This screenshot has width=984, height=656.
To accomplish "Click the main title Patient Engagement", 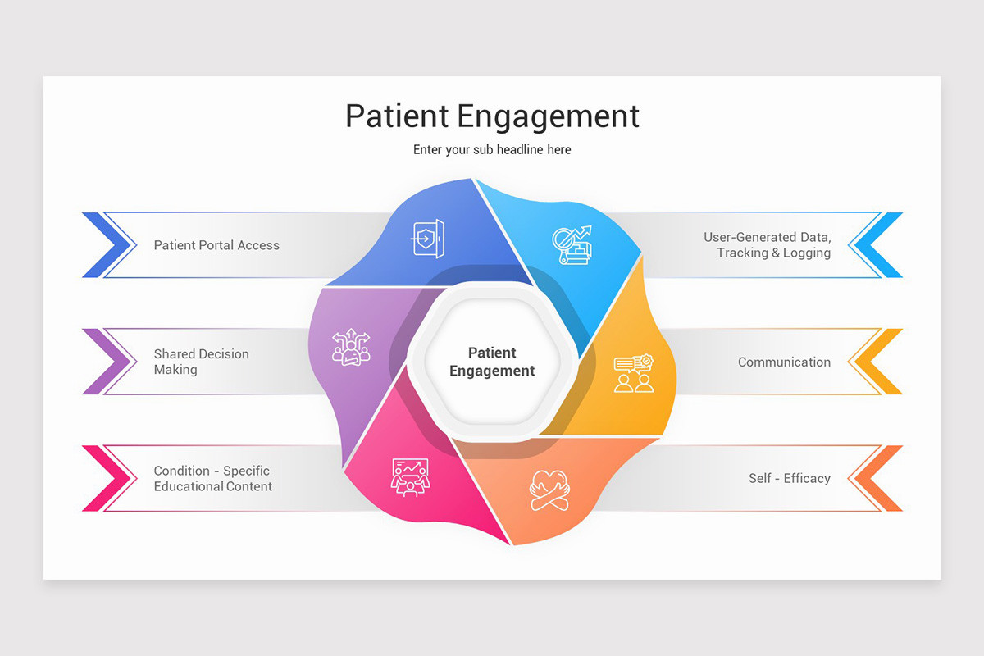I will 492,116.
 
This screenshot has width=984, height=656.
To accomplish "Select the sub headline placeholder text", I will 492,150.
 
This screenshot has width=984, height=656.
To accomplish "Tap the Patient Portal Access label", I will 216,245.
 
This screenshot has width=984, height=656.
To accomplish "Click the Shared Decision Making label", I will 201,362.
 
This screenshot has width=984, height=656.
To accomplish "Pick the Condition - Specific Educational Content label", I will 212,478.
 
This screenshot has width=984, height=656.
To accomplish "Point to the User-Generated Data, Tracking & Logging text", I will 767,245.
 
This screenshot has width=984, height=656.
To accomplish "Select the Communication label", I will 784,362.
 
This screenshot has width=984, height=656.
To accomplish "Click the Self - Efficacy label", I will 789,478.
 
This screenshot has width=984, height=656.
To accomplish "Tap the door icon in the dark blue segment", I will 428,238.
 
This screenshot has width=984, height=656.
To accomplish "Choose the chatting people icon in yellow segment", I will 634,373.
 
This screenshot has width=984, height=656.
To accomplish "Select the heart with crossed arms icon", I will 548,490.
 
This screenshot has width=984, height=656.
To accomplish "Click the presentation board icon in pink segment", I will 410,476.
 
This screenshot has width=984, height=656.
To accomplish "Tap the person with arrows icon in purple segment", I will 351,347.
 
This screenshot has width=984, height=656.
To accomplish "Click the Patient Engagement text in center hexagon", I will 492,362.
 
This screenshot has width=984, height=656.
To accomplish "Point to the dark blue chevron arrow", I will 107,245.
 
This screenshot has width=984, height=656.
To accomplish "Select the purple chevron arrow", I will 107,362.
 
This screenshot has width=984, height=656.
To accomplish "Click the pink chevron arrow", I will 107,478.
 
